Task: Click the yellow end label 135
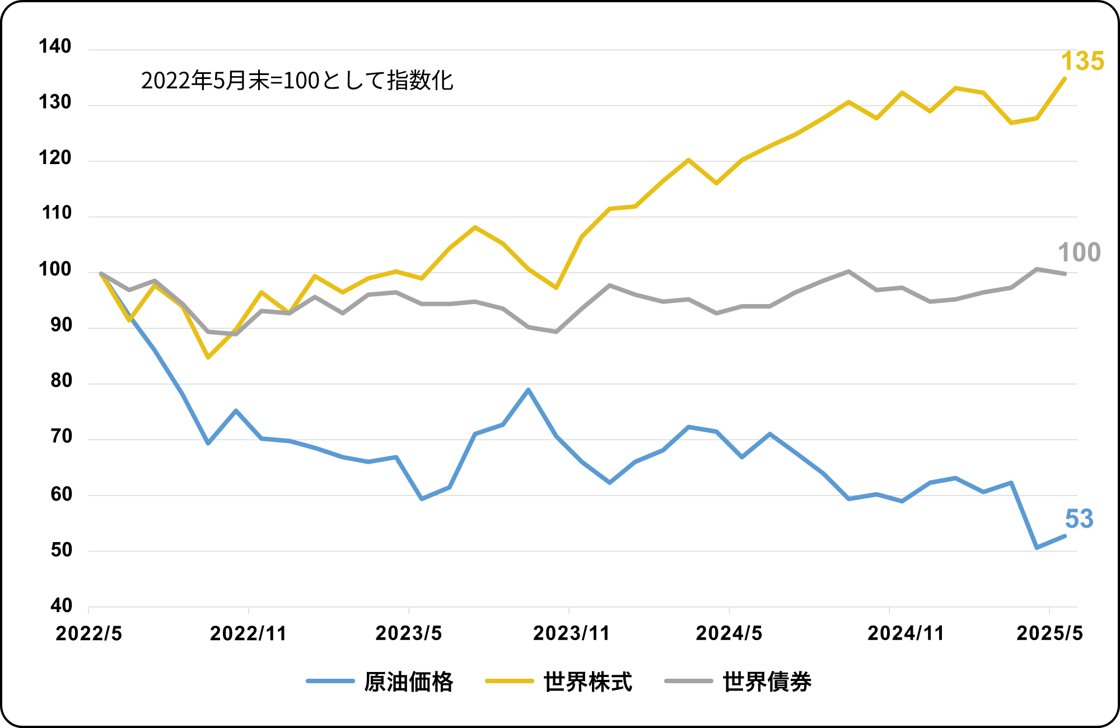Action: [x=1082, y=62]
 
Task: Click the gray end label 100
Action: [x=1079, y=253]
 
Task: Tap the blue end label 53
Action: [x=1079, y=519]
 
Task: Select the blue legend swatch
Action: [x=330, y=681]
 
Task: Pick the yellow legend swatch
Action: [x=510, y=681]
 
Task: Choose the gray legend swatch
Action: [x=689, y=681]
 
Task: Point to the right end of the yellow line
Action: [x=1065, y=78]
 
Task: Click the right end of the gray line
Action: [x=1065, y=274]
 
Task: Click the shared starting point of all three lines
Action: [x=100, y=273]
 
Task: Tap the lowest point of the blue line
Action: [x=1037, y=548]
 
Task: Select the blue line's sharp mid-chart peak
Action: [x=528, y=389]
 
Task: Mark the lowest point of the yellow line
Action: [x=208, y=357]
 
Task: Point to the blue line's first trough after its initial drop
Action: [x=208, y=444]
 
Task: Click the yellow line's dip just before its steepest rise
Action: [x=556, y=288]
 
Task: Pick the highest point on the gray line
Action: [x=1037, y=269]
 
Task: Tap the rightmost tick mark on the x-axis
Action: [x=1049, y=610]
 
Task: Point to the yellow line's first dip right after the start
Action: [x=130, y=320]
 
